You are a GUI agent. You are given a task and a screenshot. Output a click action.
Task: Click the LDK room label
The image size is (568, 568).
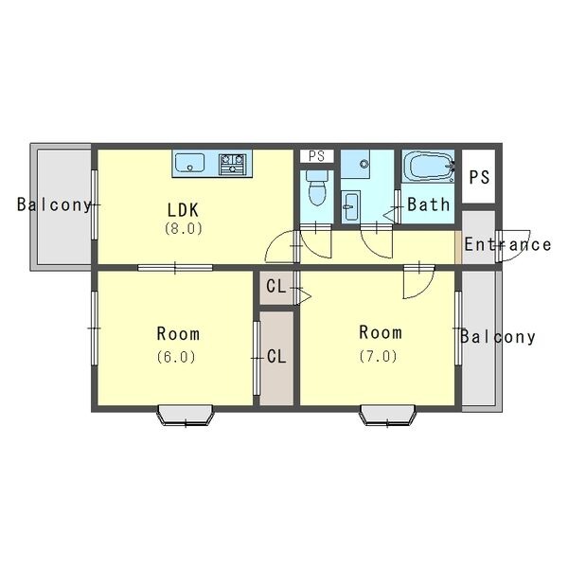pyautogui.click(x=183, y=210)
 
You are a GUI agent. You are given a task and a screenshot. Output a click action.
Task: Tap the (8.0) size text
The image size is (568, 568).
pyautogui.click(x=184, y=228)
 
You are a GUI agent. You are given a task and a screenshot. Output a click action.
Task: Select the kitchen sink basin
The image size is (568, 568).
pyautogui.click(x=190, y=163)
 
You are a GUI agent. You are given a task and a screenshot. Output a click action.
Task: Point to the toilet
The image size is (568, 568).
pyautogui.click(x=317, y=188)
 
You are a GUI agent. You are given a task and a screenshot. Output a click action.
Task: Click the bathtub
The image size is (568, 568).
pyautogui.click(x=429, y=166)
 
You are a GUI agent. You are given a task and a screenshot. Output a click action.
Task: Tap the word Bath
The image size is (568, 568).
pyautogui.click(x=429, y=204)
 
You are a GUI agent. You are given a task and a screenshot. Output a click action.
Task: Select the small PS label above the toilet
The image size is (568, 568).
pyautogui.click(x=316, y=156)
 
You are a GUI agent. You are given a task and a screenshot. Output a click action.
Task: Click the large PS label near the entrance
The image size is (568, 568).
pyautogui.click(x=479, y=177)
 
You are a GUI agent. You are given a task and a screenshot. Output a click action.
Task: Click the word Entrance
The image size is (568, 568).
pyautogui.click(x=507, y=244)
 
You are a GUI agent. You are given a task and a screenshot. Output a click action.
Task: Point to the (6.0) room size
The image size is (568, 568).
pyautogui.click(x=176, y=357)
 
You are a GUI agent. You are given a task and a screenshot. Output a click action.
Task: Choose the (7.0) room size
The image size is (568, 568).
pyautogui.click(x=378, y=356)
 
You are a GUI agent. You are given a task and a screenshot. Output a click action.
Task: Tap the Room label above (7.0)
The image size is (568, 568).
pyautogui.click(x=381, y=332)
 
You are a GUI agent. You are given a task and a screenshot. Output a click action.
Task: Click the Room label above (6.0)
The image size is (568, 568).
pyautogui.click(x=178, y=333)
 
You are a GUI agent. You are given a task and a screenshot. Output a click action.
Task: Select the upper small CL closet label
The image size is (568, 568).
pyautogui.click(x=276, y=287)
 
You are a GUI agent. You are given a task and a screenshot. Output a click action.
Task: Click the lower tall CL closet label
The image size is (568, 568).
pyautogui.click(x=276, y=357)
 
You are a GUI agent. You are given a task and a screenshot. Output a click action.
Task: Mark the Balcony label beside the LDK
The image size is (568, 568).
pyautogui.click(x=54, y=204)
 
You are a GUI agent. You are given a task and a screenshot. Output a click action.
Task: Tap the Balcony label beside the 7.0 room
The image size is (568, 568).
pyautogui.click(x=498, y=337)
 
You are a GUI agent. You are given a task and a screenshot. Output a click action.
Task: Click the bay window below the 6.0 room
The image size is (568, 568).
pyautogui.click(x=186, y=416)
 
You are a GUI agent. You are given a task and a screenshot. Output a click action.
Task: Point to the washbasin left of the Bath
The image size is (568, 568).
pyautogui.click(x=351, y=206)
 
